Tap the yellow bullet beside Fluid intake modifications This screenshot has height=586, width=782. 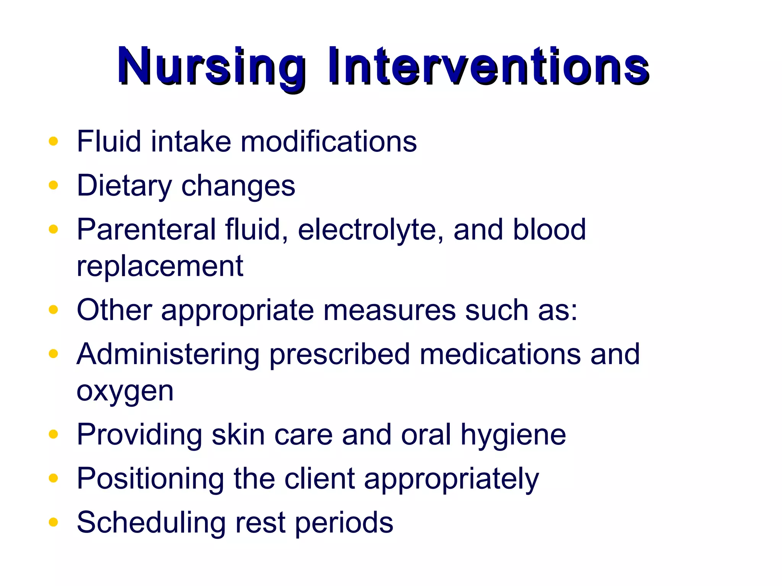tap(53, 142)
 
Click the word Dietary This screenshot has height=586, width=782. tap(124, 186)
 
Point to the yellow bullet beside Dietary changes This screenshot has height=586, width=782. tap(53, 185)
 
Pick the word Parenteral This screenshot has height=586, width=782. tap(146, 230)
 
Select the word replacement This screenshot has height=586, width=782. tap(160, 266)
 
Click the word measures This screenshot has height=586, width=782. tap(389, 310)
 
